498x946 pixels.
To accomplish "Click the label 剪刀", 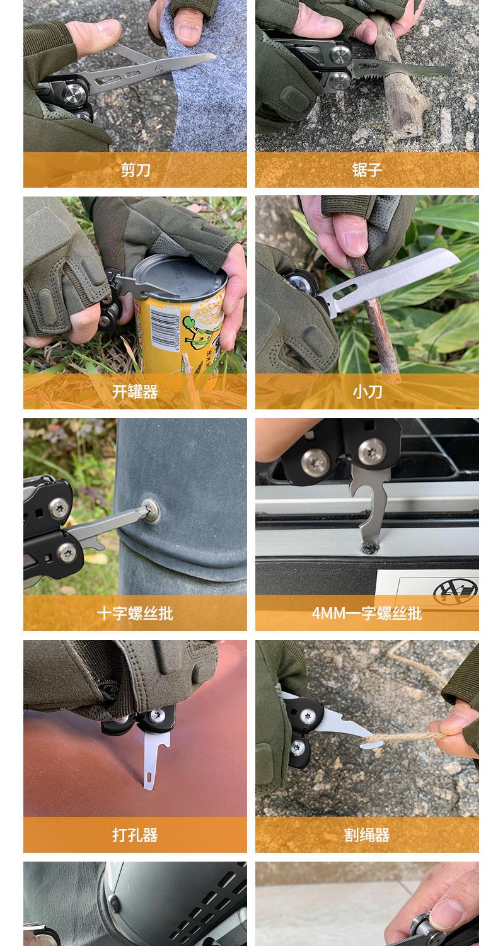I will (135, 170).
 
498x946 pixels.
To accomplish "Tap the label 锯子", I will (367, 170).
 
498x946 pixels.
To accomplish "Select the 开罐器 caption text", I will (135, 392).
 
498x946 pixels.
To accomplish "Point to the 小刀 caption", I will (367, 392).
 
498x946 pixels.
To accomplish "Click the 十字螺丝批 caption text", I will (135, 613).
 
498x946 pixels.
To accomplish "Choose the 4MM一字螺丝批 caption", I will (367, 613).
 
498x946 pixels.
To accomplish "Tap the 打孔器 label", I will (135, 835).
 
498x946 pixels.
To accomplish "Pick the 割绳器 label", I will (367, 835).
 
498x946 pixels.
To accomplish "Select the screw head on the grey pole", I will (150, 508).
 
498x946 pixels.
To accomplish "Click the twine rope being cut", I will (403, 736).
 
